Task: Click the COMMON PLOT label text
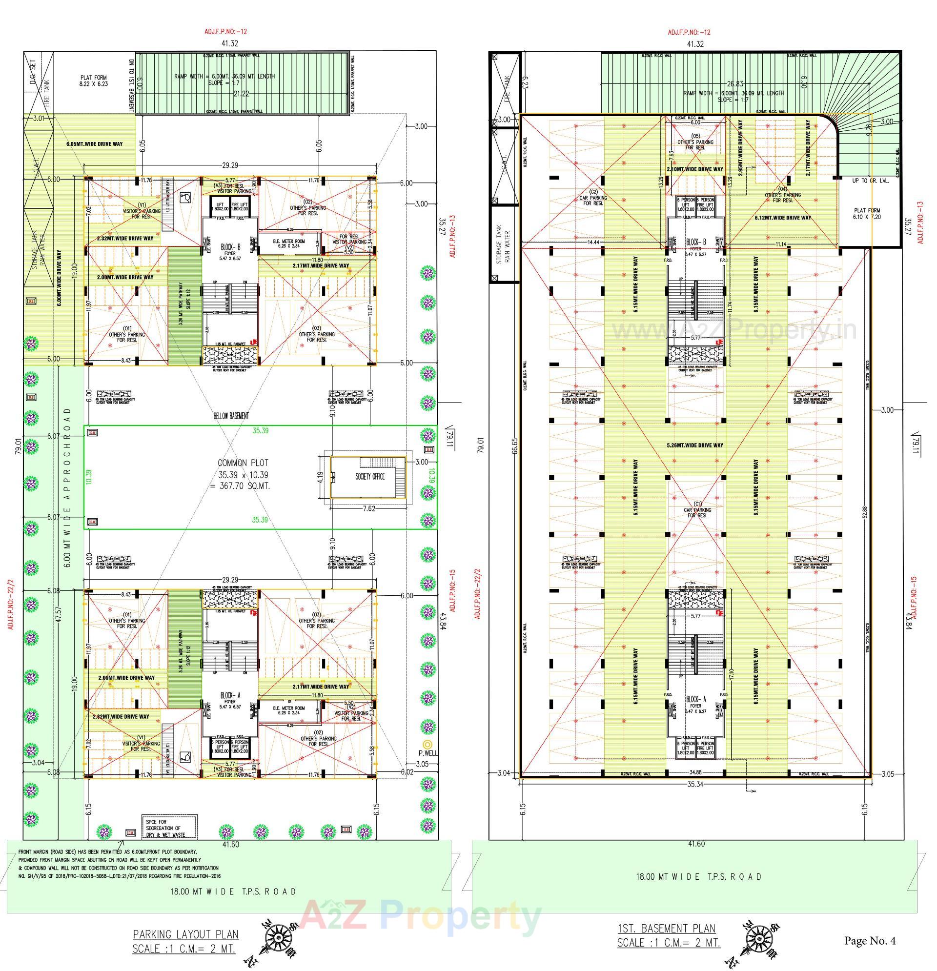(243, 463)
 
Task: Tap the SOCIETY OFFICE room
(369, 477)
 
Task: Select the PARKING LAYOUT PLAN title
(186, 934)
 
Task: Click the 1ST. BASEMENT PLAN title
(667, 929)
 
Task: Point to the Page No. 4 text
(870, 940)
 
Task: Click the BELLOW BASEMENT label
(231, 416)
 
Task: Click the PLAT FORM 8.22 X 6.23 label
(94, 81)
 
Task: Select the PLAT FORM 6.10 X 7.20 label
(867, 214)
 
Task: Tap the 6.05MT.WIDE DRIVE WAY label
(94, 144)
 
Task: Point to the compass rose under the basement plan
(758, 940)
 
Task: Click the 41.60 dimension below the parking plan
(230, 845)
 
